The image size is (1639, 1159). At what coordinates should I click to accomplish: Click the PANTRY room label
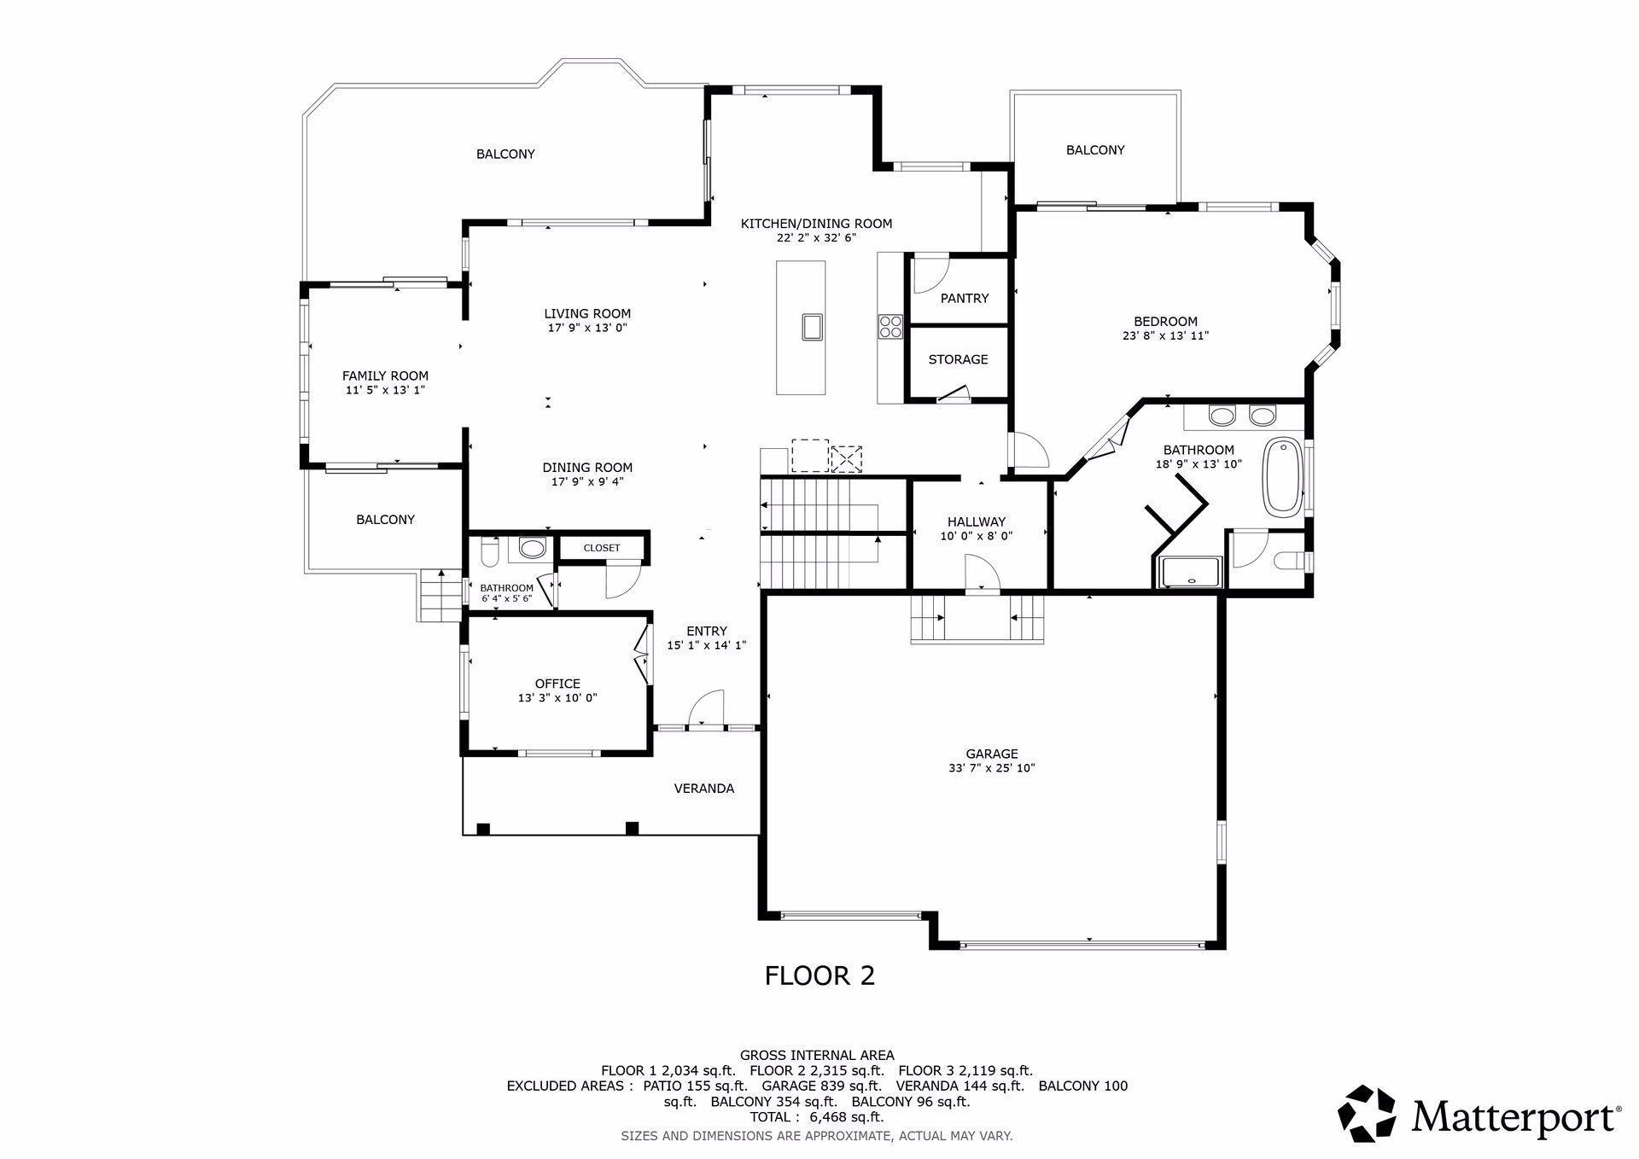(964, 298)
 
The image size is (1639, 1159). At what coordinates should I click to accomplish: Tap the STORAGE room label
(958, 359)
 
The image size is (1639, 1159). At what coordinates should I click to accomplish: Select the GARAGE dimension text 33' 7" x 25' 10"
(991, 768)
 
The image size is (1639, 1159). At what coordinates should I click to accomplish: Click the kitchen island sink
(812, 326)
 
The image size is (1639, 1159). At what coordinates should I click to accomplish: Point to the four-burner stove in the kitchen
(890, 326)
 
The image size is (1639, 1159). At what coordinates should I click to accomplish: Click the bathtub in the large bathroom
(1280, 477)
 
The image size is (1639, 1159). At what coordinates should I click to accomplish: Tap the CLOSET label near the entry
(602, 548)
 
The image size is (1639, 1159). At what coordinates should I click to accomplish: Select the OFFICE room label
(557, 684)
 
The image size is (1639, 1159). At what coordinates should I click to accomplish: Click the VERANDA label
(704, 789)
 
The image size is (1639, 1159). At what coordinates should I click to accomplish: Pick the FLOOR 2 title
(819, 976)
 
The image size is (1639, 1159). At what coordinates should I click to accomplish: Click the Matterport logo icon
(1366, 1113)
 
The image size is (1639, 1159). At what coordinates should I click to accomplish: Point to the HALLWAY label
(977, 521)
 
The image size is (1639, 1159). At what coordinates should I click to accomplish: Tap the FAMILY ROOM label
(385, 376)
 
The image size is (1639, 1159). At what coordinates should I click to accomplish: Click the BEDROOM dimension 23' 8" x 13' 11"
(1165, 336)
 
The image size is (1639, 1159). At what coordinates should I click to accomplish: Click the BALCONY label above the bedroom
(1095, 150)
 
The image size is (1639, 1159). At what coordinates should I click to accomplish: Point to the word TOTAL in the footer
(770, 1117)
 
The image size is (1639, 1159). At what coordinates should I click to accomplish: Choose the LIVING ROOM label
(587, 313)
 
